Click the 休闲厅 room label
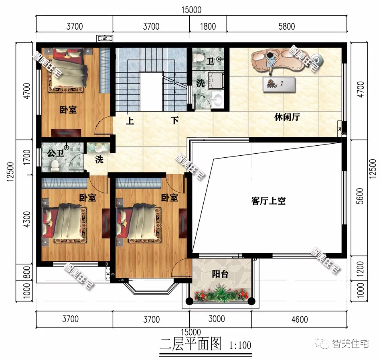pyautogui.click(x=287, y=118)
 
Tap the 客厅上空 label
pyautogui.click(x=268, y=201)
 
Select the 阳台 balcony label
pyautogui.click(x=220, y=275)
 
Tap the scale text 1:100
pyautogui.click(x=240, y=345)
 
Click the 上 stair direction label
pyautogui.click(x=130, y=120)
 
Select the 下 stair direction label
pyautogui.click(x=174, y=120)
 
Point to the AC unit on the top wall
pyautogui.click(x=104, y=39)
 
